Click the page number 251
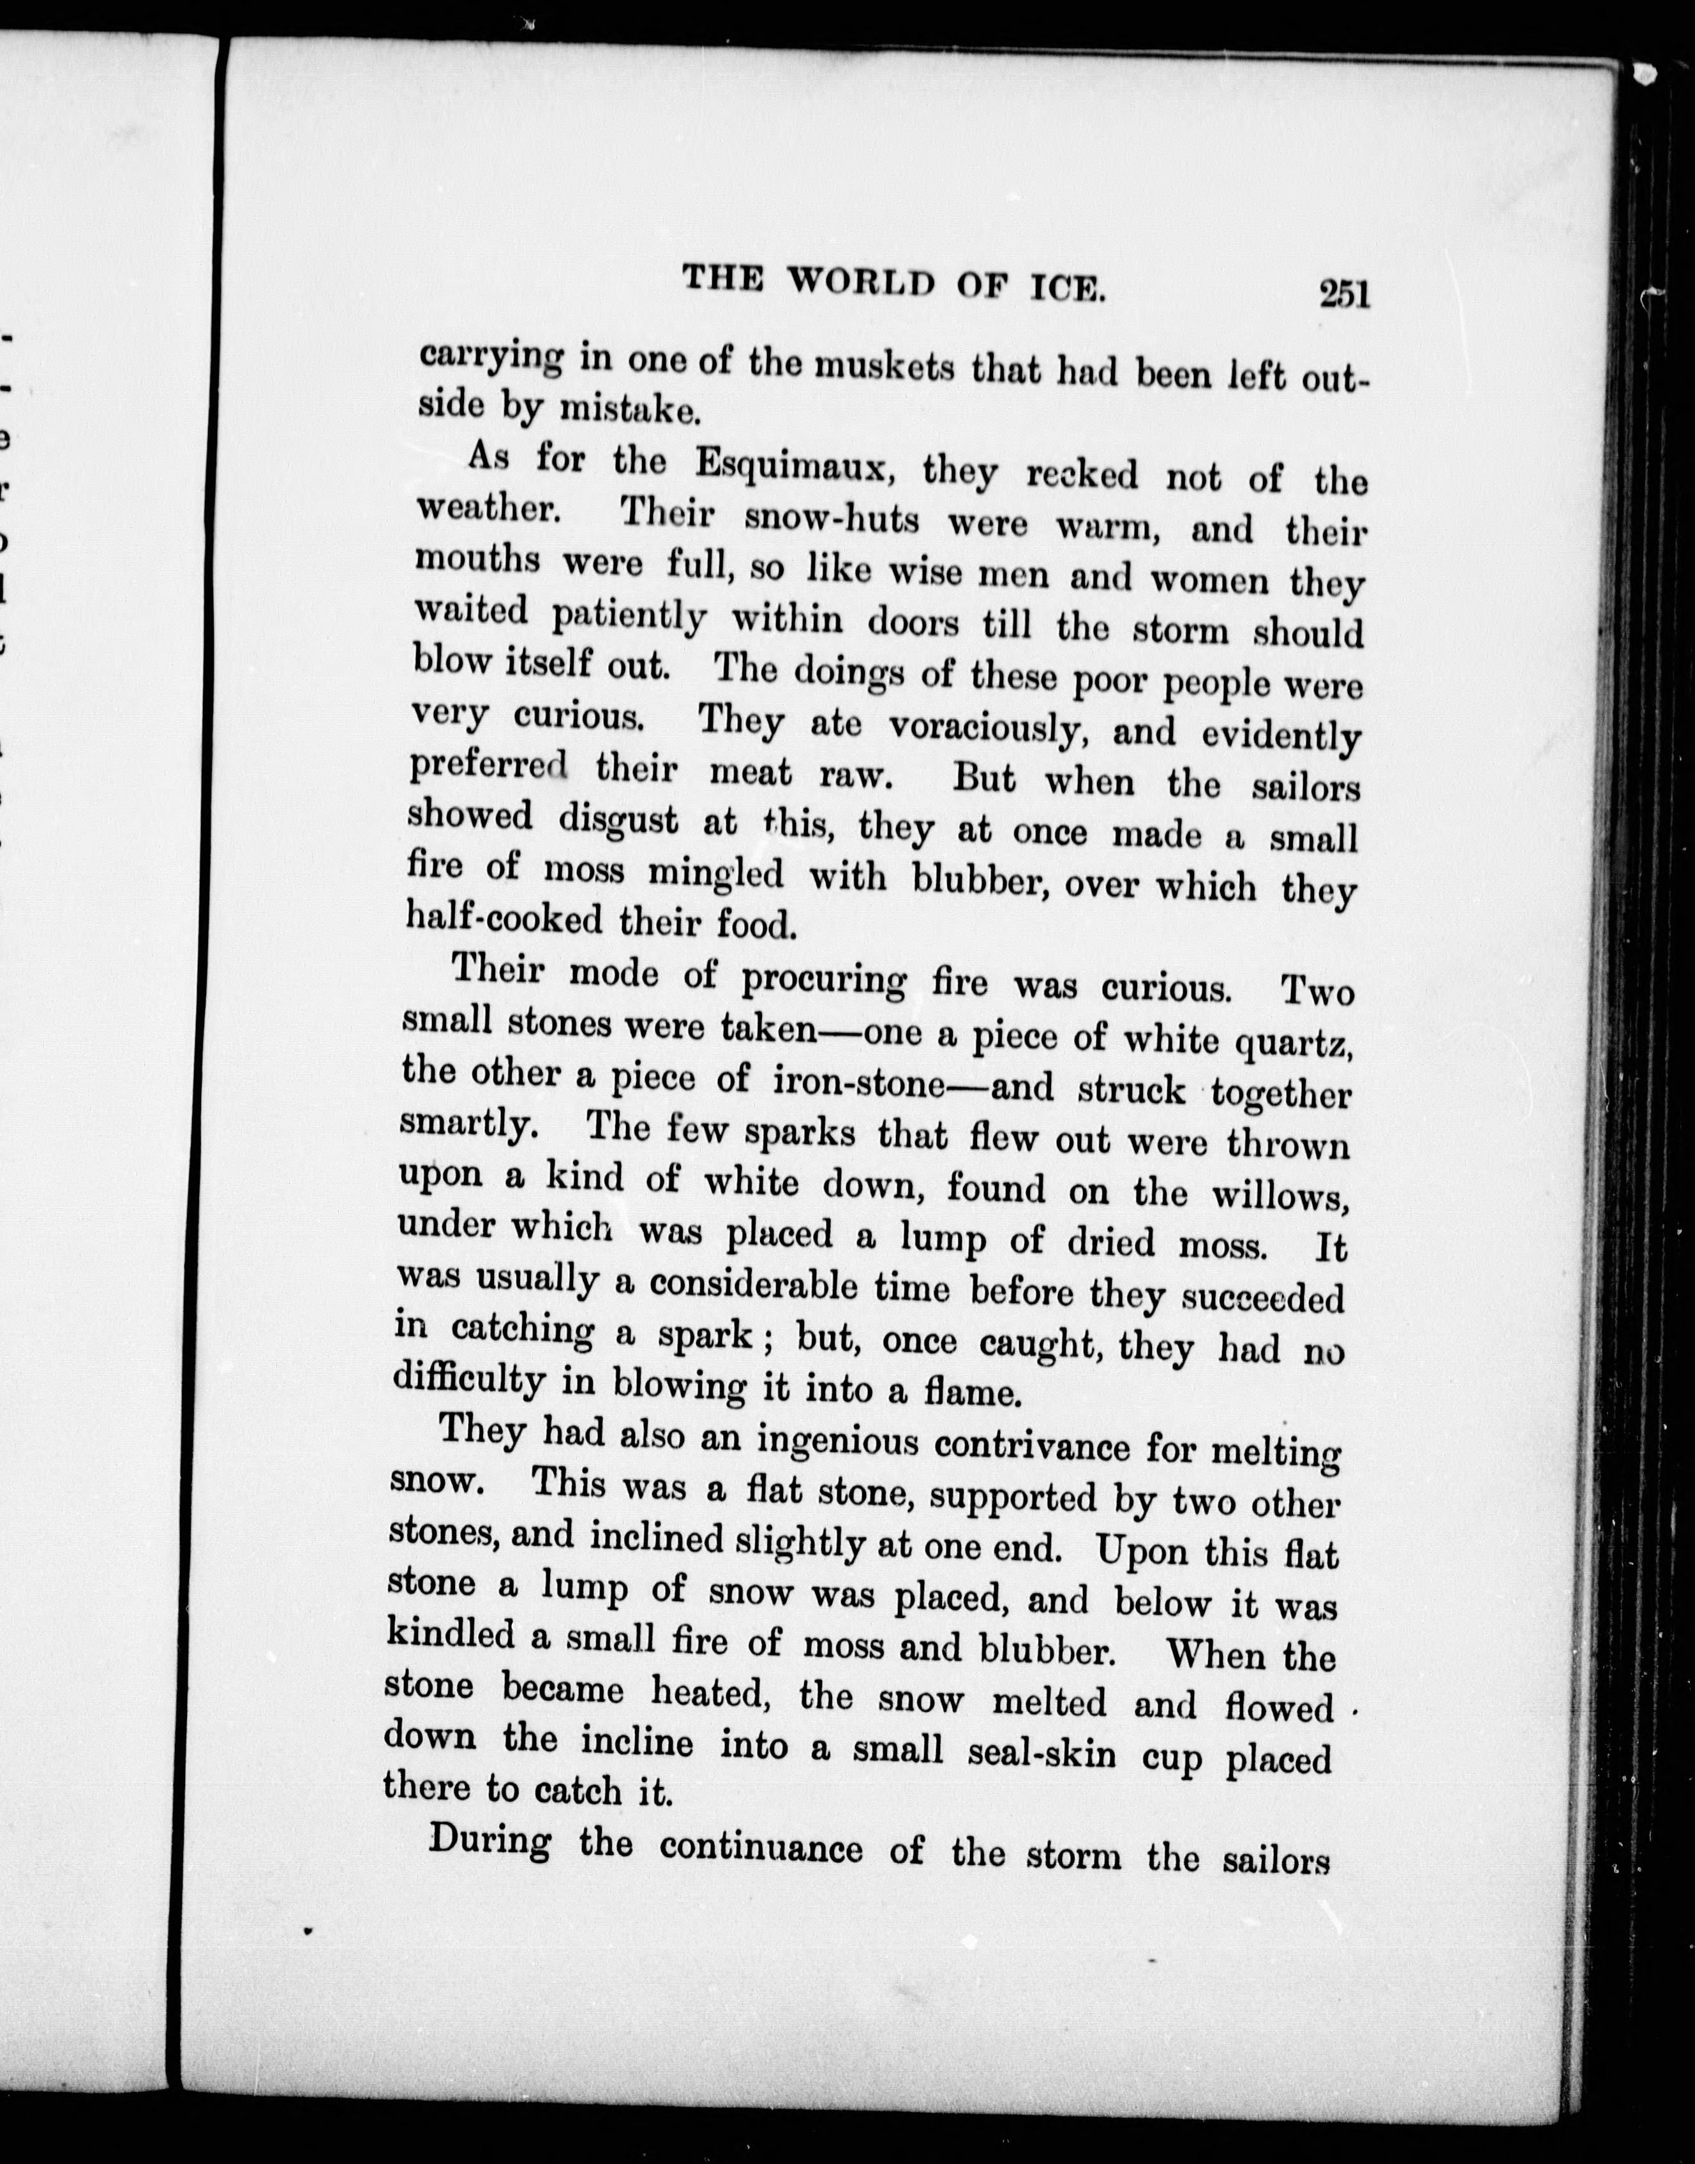[x=1345, y=295]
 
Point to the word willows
[x=1280, y=1196]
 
